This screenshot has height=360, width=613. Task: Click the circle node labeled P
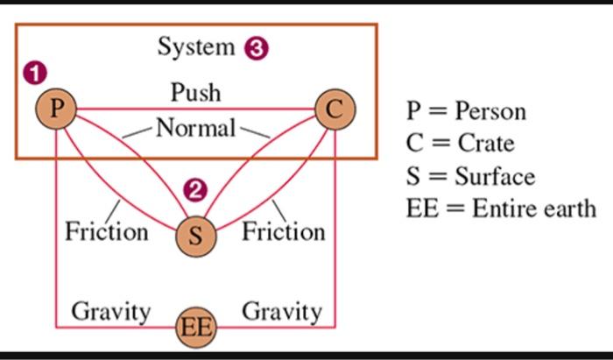click(x=56, y=109)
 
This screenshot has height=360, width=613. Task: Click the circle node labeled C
click(x=335, y=110)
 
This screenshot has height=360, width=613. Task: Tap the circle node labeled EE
click(x=195, y=328)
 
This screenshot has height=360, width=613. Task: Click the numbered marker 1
click(x=35, y=74)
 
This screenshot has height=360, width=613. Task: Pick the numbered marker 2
click(x=195, y=190)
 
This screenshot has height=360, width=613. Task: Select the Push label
click(x=195, y=91)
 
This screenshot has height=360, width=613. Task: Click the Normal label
click(x=195, y=129)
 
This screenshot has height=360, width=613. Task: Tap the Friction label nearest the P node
click(x=107, y=232)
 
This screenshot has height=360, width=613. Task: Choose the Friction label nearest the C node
click(x=283, y=232)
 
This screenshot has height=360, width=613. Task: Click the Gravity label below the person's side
click(x=110, y=311)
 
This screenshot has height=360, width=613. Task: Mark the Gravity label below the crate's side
click(x=281, y=311)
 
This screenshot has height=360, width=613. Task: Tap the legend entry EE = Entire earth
click(x=501, y=208)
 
